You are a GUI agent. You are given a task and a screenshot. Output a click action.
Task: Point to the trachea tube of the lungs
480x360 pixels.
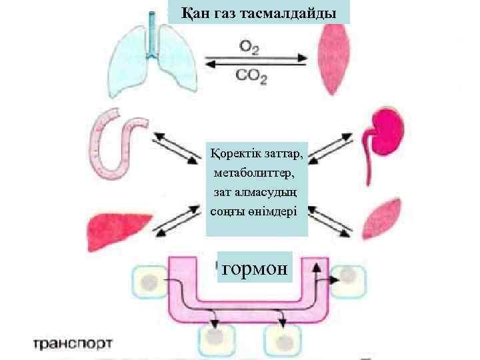(x=154, y=30)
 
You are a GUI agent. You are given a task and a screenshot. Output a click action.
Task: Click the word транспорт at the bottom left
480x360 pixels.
(x=73, y=344)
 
